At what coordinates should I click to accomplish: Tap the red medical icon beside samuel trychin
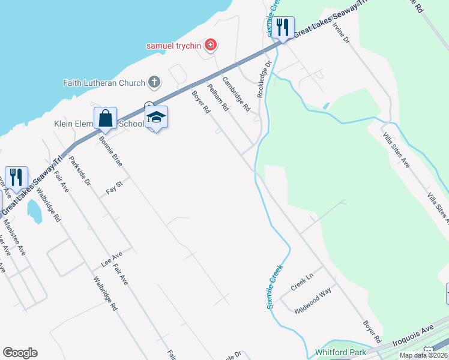[211, 44]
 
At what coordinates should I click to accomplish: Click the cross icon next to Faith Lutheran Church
[154, 82]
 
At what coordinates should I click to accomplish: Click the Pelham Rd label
[218, 97]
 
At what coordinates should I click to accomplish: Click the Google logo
[20, 353]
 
